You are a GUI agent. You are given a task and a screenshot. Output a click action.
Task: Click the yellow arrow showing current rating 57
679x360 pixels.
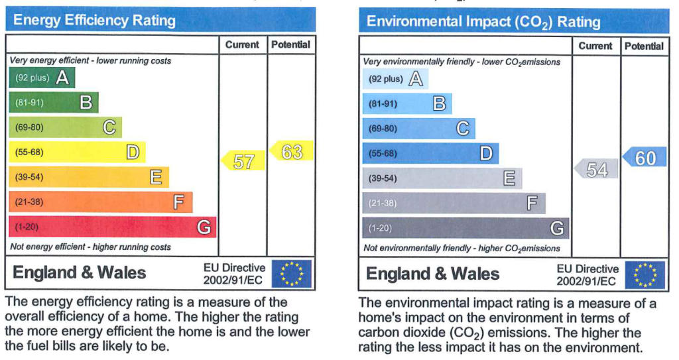(243, 160)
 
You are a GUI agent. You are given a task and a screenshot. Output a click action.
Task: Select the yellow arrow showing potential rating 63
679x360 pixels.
(291, 150)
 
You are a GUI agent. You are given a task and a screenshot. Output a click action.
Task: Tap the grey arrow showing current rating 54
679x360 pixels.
(596, 168)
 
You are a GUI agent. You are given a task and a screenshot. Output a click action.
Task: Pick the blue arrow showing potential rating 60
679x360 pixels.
(645, 157)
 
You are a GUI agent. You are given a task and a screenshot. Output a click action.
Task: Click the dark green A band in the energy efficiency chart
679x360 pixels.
(42, 78)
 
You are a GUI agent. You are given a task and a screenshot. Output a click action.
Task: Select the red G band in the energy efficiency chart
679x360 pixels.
(112, 227)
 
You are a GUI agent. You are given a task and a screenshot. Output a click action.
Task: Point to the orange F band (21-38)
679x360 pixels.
(101, 202)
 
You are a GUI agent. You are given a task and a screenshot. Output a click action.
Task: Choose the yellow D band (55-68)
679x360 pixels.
(77, 152)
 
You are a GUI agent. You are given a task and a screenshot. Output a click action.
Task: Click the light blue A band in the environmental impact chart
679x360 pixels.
(395, 79)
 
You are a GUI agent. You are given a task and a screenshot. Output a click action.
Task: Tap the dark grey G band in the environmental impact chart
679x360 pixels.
(465, 228)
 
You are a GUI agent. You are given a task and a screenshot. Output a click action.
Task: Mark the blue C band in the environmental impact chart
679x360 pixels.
(418, 129)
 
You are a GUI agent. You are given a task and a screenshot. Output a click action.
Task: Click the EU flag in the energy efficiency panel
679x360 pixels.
(292, 274)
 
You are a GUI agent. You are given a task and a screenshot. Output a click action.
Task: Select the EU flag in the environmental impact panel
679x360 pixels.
(645, 275)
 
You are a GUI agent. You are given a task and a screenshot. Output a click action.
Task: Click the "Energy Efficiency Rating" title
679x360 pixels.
(94, 21)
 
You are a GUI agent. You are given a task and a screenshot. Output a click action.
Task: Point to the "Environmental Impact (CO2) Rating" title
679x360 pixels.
(483, 22)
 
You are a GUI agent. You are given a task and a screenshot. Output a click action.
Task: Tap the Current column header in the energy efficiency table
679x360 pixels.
(242, 44)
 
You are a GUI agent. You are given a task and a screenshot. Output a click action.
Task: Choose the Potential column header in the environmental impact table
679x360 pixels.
(644, 46)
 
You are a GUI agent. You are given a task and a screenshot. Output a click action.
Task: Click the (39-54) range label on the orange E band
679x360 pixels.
(29, 177)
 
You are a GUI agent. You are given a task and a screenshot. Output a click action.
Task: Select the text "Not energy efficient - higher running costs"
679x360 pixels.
(90, 247)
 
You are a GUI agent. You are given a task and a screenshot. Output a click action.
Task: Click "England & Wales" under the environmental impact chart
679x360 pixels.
(432, 274)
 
